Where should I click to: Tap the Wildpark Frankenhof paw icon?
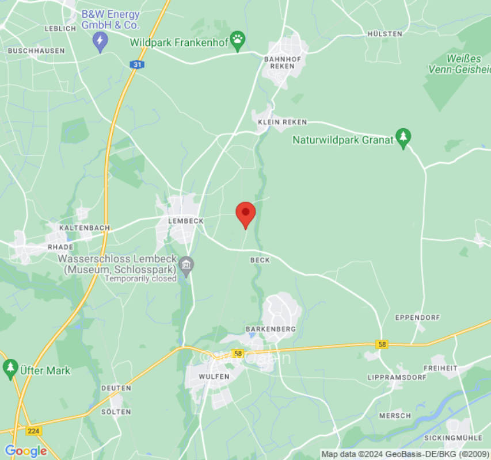point(237,40)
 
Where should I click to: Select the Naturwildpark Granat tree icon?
point(404,138)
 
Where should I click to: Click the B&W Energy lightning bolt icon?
point(101,41)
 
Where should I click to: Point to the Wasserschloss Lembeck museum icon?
point(186,265)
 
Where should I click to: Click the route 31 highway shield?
point(136,64)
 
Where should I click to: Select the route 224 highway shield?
point(34,430)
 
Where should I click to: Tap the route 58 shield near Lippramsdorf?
point(381,344)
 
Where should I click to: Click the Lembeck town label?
point(185,221)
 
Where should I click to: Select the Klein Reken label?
point(282,122)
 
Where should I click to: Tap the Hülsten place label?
point(385,34)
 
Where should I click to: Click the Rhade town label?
point(60,247)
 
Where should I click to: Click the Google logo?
point(25,451)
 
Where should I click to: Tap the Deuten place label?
point(116,388)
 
